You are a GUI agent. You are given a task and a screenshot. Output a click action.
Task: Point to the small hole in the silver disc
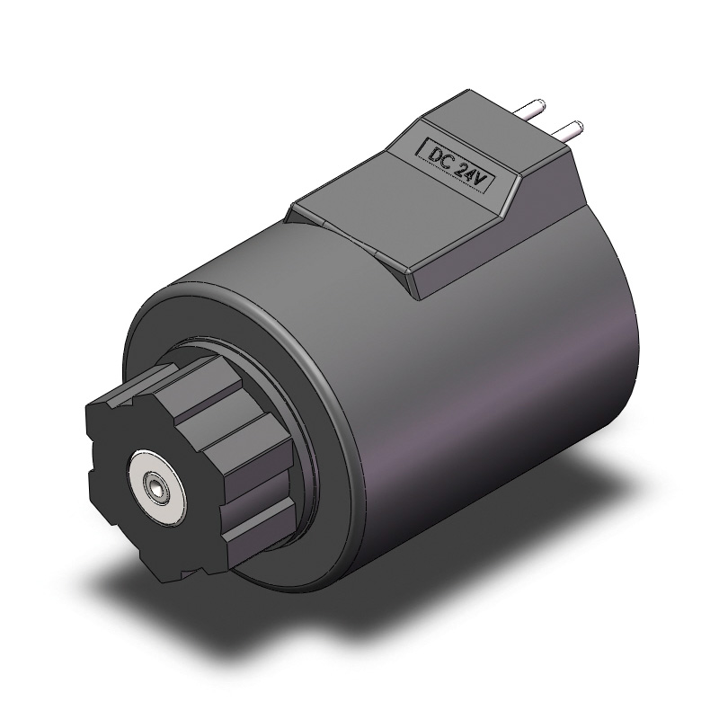tap(157, 489)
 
